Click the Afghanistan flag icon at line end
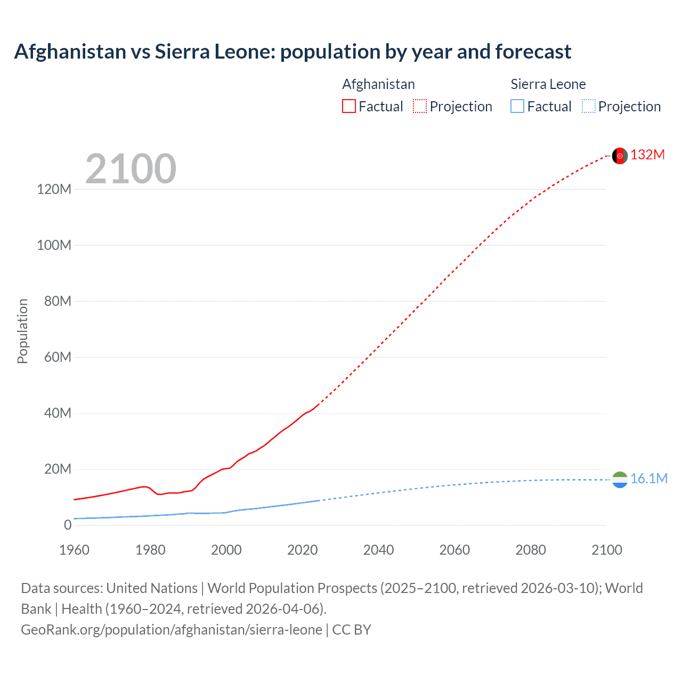click(x=620, y=156)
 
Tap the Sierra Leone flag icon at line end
click(x=620, y=480)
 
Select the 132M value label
click(x=647, y=155)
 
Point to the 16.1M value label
click(x=648, y=478)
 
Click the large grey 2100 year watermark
click(x=131, y=169)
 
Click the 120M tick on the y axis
click(x=54, y=189)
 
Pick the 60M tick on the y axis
click(x=57, y=357)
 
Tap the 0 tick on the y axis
click(x=68, y=525)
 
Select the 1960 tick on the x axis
click(x=74, y=550)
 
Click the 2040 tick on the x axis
click(x=378, y=550)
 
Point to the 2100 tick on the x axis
click(x=606, y=550)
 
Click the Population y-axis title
click(x=22, y=331)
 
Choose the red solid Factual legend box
click(x=348, y=107)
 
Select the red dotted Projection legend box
click(x=420, y=107)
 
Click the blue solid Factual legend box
click(x=517, y=107)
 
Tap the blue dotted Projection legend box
click(x=588, y=107)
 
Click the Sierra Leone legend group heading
click(x=548, y=84)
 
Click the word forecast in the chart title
click(x=533, y=52)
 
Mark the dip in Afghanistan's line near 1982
click(x=159, y=494)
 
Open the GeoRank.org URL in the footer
click(x=172, y=630)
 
